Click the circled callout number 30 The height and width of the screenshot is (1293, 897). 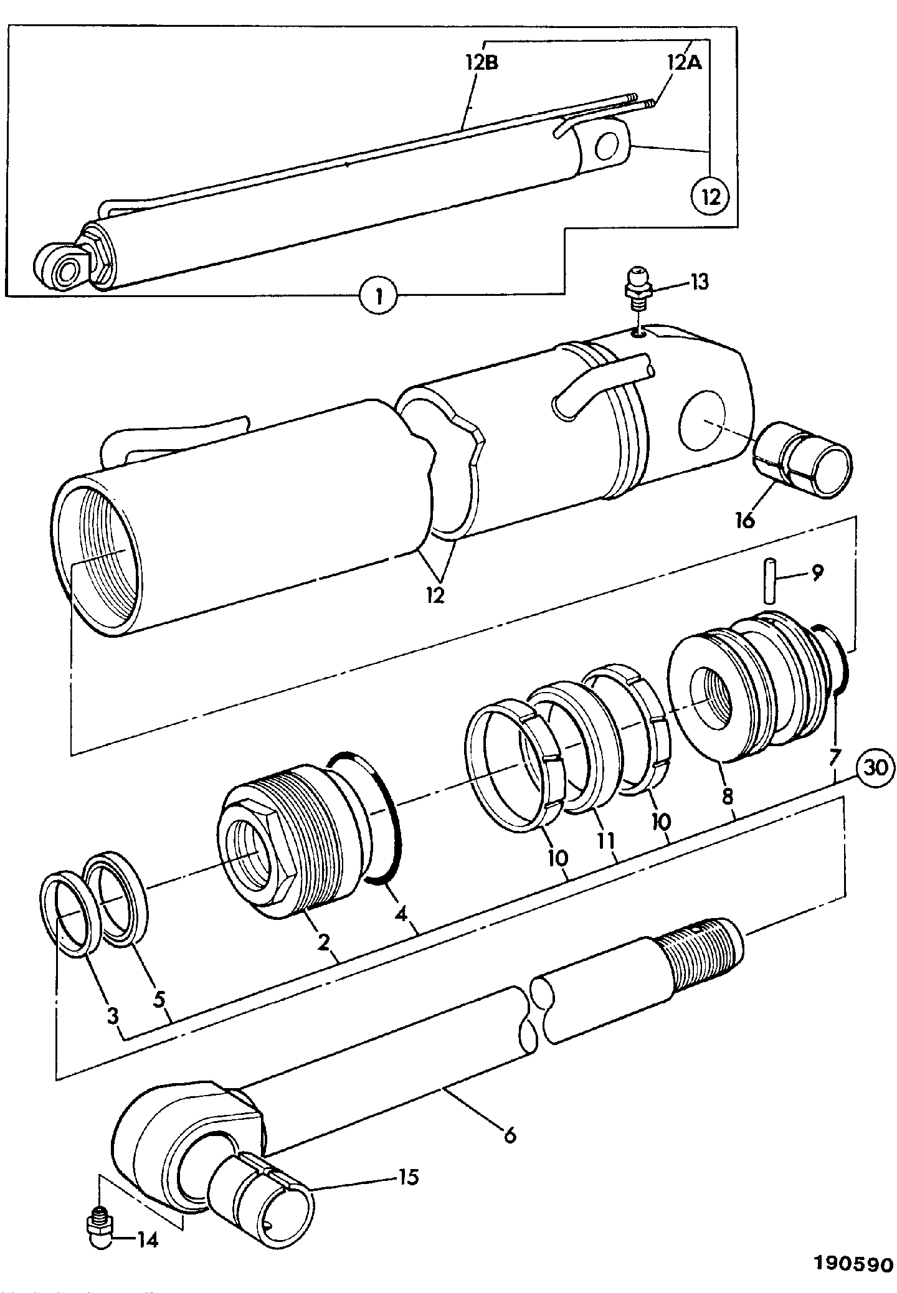pos(876,767)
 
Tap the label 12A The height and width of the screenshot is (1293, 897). pos(685,63)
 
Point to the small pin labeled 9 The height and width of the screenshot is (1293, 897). pos(771,581)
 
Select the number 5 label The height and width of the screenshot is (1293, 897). pos(159,1000)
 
